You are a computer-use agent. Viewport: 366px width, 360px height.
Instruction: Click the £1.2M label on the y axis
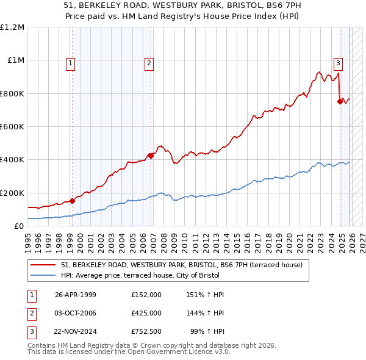click(12, 27)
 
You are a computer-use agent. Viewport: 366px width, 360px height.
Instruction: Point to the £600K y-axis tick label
click(12, 126)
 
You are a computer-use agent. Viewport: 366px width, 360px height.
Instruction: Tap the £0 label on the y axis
click(18, 226)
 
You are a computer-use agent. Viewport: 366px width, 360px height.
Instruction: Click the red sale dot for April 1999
click(73, 200)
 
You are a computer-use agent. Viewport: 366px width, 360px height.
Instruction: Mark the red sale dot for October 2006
click(151, 155)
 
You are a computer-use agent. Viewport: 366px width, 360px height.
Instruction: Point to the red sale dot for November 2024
click(340, 101)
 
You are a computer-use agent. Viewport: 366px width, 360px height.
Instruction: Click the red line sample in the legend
click(44, 265)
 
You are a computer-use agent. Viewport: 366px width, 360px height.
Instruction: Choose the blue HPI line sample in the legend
click(44, 275)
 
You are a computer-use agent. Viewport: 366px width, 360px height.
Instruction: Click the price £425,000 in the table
click(146, 312)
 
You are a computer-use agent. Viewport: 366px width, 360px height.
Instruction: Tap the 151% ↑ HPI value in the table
click(206, 295)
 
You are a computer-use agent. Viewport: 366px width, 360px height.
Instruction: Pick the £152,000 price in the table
click(146, 295)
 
